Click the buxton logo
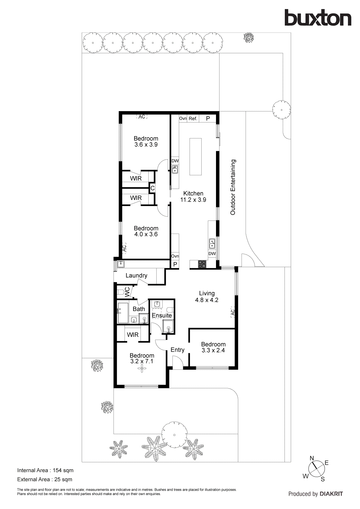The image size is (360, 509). point(318,18)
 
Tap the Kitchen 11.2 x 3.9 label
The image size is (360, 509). point(193,196)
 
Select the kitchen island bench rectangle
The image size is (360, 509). point(195,157)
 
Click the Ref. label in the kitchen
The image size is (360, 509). point(193,118)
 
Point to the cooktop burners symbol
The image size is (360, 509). point(202,264)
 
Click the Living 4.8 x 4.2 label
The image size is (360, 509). point(207,297)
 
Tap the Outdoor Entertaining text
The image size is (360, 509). point(233,187)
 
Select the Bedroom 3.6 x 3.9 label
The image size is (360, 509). point(146,142)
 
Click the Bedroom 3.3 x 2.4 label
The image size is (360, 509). point(213,347)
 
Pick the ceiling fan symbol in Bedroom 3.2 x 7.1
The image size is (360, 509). point(142,370)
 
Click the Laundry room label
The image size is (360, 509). point(136,275)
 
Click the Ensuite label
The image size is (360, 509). point(162,315)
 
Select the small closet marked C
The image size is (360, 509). point(152,188)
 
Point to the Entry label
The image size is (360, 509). point(177,350)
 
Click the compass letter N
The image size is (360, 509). point(312,458)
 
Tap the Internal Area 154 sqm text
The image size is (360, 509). point(45,470)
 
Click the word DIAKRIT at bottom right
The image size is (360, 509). point(331,494)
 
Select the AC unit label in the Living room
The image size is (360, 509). point(232,312)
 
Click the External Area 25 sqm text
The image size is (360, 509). point(45,479)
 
